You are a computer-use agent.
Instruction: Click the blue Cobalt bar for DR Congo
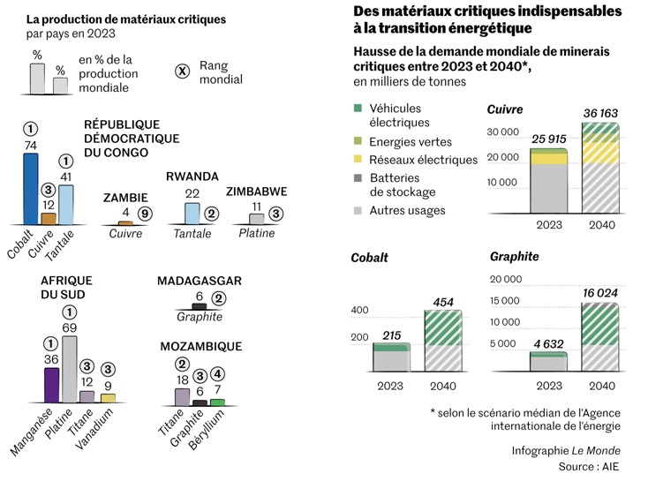(x=31, y=189)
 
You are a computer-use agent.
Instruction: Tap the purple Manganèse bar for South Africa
(x=51, y=384)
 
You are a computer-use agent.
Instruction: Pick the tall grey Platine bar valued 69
(x=70, y=368)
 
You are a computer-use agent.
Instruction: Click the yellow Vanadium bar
(x=108, y=397)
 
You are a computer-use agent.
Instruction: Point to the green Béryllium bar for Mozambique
(x=216, y=402)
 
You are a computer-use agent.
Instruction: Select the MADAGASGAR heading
(x=200, y=281)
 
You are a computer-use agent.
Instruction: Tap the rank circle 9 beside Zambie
(x=145, y=213)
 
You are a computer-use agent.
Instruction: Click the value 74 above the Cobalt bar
(x=31, y=145)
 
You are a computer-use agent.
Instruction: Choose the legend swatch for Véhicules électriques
(x=357, y=109)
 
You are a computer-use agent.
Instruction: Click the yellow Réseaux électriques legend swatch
(x=357, y=160)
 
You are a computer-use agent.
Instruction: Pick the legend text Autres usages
(x=408, y=211)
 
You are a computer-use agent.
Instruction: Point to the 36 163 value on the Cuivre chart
(x=600, y=114)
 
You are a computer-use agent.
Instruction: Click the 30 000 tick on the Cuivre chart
(x=506, y=132)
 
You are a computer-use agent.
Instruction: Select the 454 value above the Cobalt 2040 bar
(x=442, y=302)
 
